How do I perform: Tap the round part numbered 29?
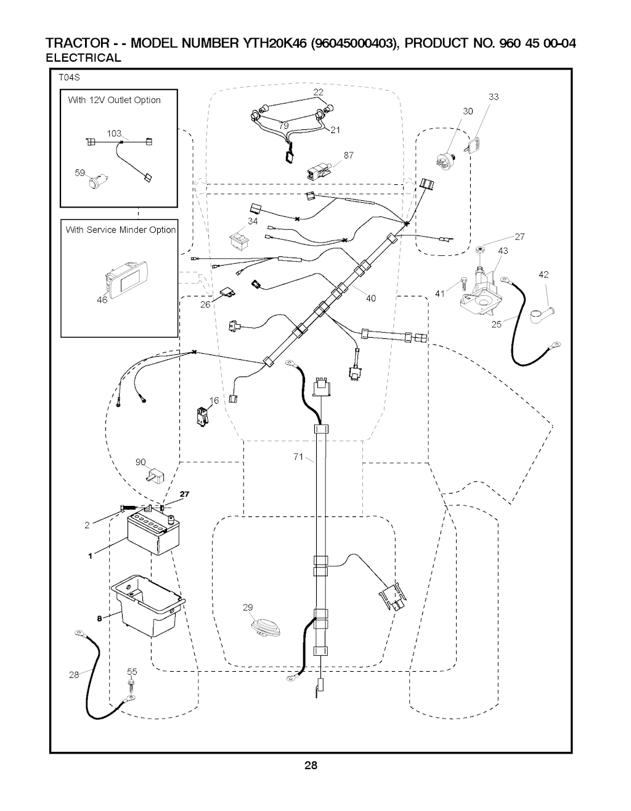pos(266,629)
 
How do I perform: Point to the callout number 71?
pos(298,457)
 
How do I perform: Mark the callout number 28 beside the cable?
pos(74,675)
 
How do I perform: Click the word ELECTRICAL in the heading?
pos(84,58)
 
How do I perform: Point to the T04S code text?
pos(70,78)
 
